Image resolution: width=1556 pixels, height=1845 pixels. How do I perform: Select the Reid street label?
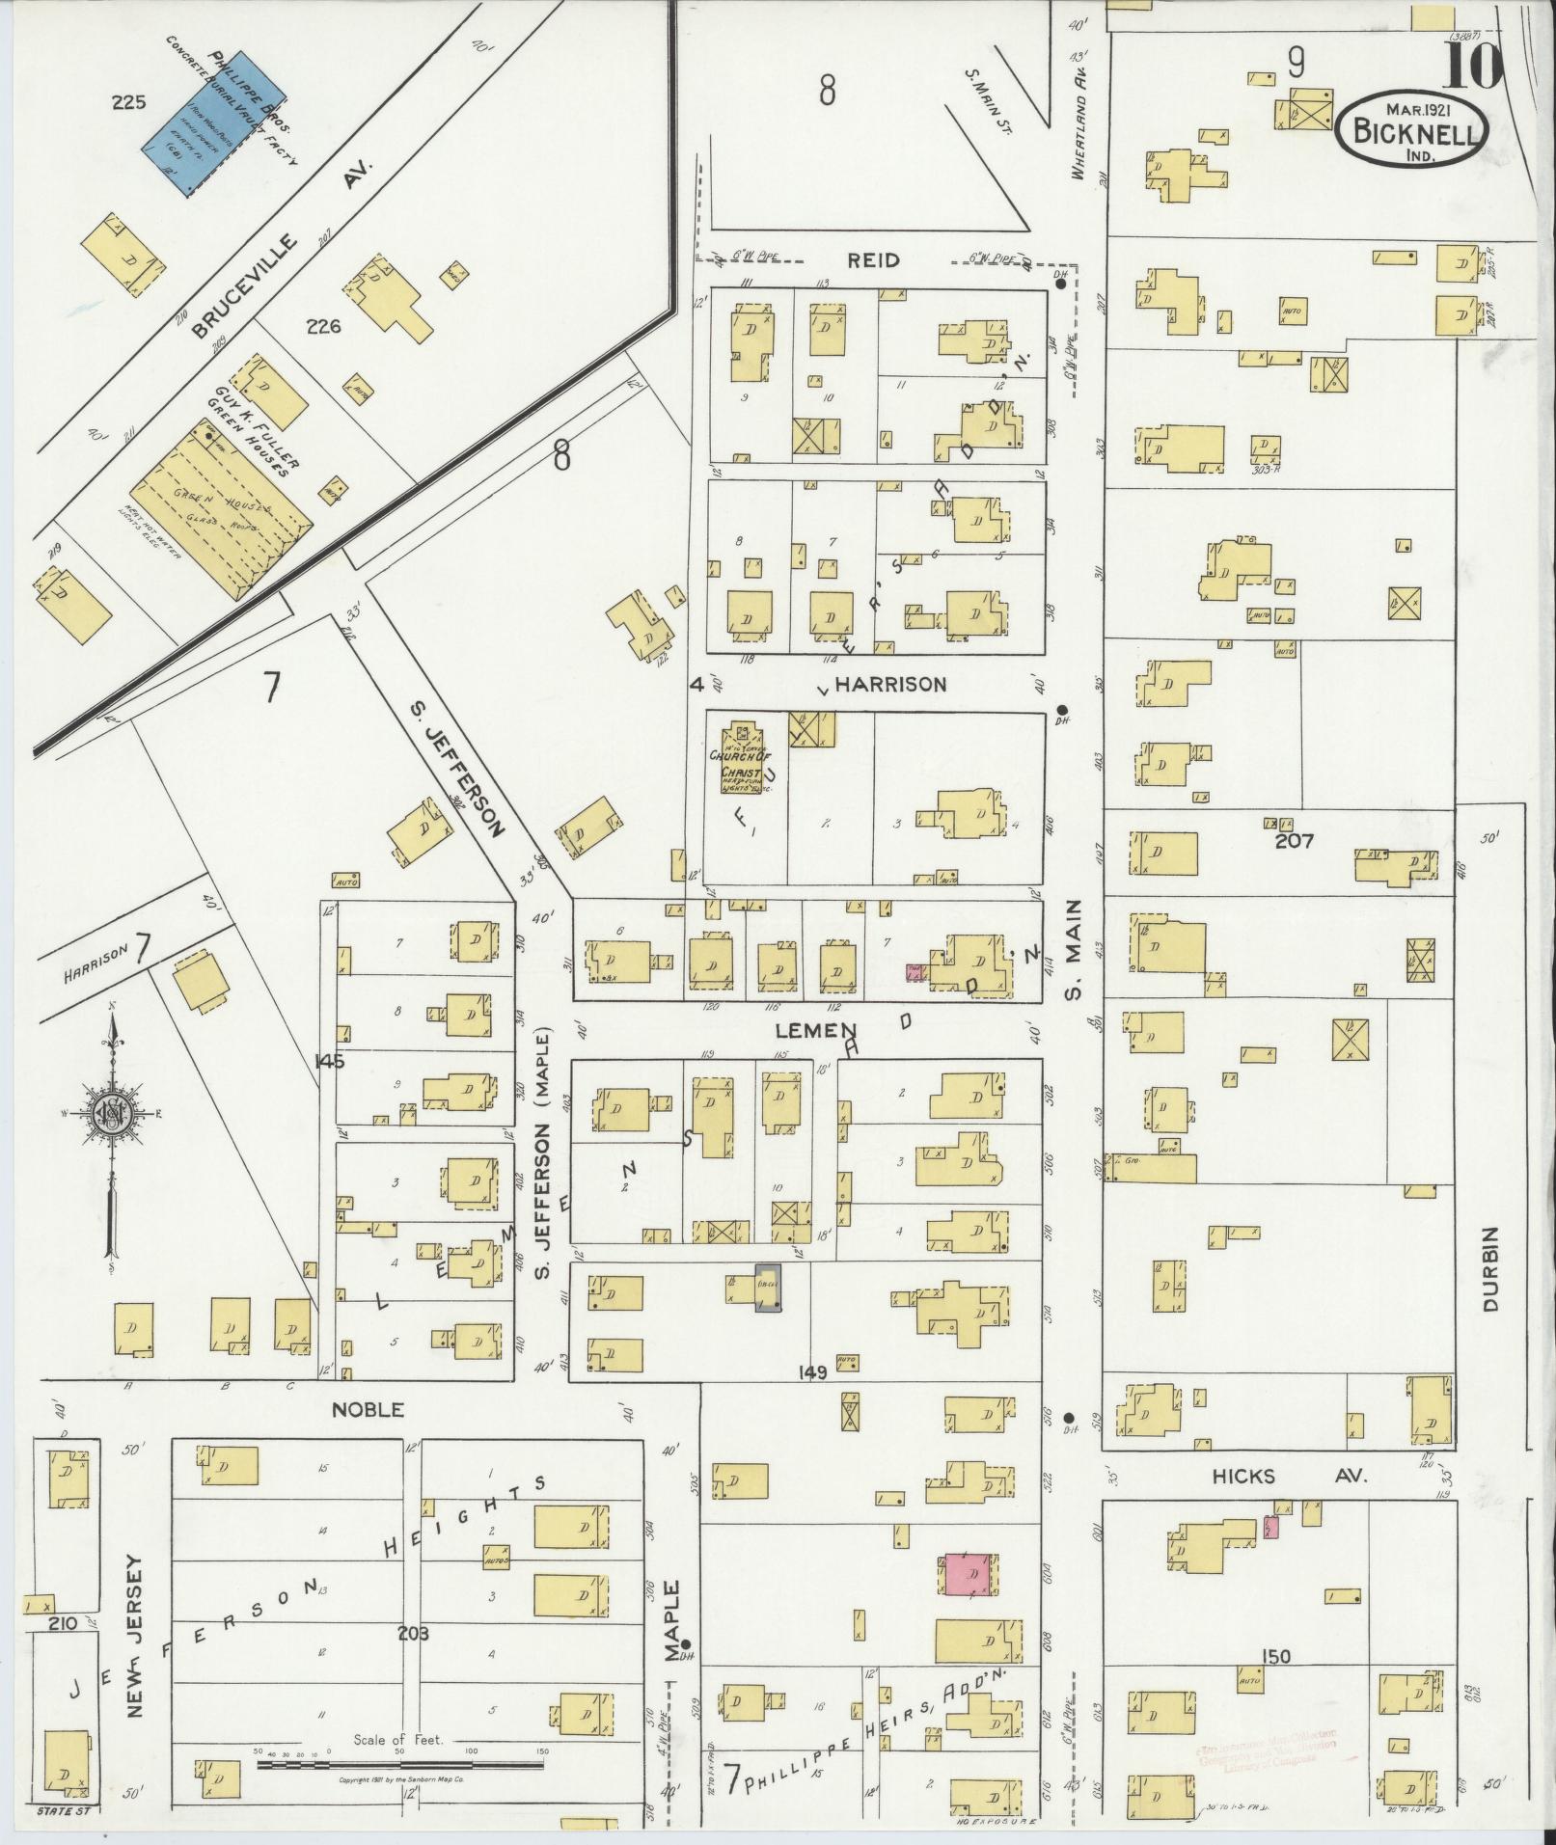tap(874, 260)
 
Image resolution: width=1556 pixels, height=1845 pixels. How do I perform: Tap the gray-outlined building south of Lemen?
tap(769, 1288)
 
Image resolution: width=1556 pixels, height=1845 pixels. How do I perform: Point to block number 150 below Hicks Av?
tap(1275, 1657)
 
